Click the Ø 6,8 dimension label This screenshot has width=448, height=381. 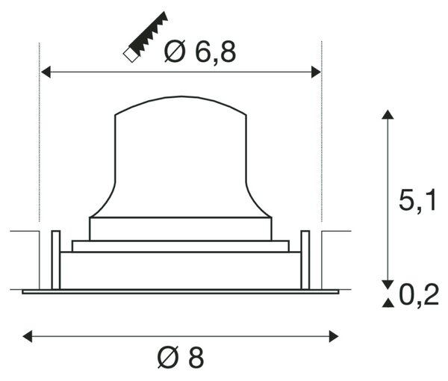[x=200, y=52]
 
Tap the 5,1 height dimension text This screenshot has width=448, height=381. [x=417, y=201]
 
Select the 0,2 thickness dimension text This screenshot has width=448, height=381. [x=419, y=295]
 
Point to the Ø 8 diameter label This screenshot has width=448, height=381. [x=181, y=357]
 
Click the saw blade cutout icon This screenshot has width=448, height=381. [x=146, y=37]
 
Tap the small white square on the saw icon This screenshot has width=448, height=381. [x=131, y=55]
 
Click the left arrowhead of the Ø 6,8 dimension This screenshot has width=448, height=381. [x=46, y=72]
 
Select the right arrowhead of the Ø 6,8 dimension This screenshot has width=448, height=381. [x=316, y=72]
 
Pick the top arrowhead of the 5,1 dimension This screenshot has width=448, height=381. [x=388, y=114]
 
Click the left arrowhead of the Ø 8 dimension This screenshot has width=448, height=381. [x=28, y=336]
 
